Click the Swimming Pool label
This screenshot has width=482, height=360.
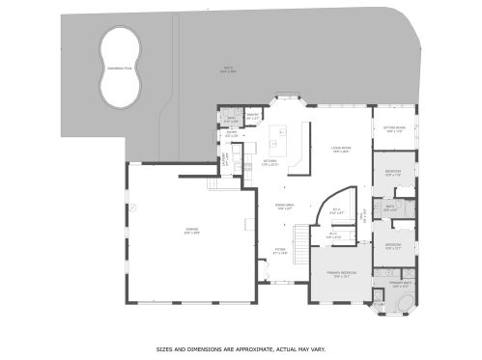click(x=117, y=69)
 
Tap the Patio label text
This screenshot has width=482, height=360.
click(x=227, y=69)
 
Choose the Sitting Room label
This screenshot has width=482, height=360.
click(x=394, y=128)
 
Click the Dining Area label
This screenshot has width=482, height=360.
click(x=284, y=207)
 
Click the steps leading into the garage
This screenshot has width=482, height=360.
click(x=215, y=184)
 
